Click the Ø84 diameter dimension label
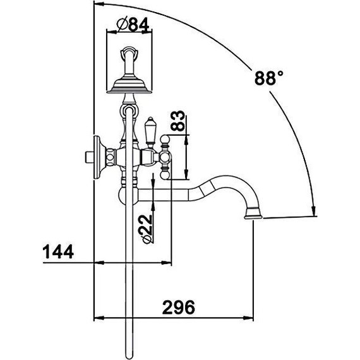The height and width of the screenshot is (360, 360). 133,25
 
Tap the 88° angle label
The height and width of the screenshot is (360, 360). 269,78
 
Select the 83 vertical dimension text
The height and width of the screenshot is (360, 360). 178,121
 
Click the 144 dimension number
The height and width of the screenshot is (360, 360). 58,251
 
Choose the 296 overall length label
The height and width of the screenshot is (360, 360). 179,307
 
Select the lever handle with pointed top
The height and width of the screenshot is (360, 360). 150,132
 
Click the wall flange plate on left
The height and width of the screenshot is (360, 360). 97,157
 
